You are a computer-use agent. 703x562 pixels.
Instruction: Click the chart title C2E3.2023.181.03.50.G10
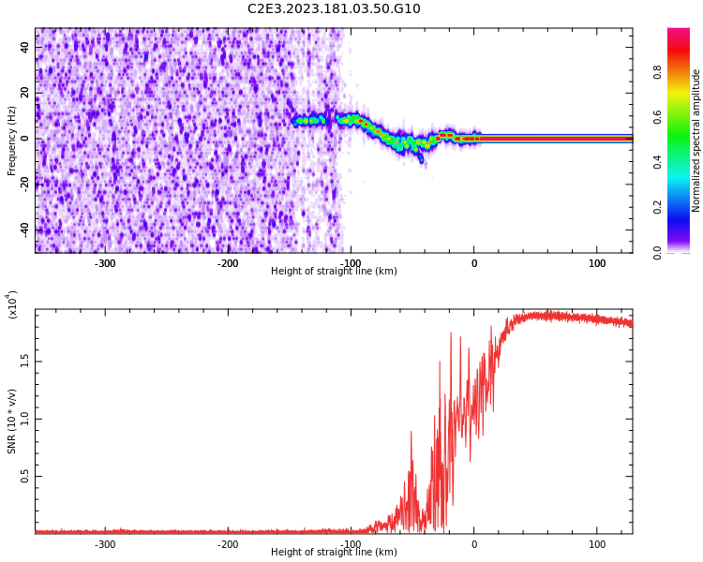pyautogui.click(x=334, y=9)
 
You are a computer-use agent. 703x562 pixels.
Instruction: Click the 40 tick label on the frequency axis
pyautogui.click(x=25, y=48)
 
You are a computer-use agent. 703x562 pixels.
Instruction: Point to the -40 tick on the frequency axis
pyautogui.click(x=25, y=229)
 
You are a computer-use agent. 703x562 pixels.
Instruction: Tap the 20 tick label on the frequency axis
pyautogui.click(x=25, y=93)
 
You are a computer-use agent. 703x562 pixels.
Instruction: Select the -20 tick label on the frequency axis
pyautogui.click(x=25, y=184)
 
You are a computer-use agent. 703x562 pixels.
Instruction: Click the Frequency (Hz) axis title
pyautogui.click(x=12, y=140)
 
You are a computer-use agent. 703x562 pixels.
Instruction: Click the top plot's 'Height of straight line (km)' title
pyautogui.click(x=334, y=272)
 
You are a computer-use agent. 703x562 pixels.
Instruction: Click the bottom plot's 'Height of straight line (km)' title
pyautogui.click(x=334, y=553)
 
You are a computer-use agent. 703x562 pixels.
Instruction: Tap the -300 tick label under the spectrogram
pyautogui.click(x=105, y=263)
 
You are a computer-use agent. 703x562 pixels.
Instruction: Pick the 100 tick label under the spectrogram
pyautogui.click(x=597, y=263)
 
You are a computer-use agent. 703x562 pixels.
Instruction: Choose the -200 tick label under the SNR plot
pyautogui.click(x=228, y=544)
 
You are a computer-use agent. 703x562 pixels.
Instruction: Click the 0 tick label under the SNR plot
pyautogui.click(x=473, y=544)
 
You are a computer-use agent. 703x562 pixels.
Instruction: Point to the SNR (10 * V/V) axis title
pyautogui.click(x=12, y=421)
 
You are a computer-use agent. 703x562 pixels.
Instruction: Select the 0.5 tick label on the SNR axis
pyautogui.click(x=25, y=477)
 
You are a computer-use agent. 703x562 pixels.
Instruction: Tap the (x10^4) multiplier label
pyautogui.click(x=12, y=305)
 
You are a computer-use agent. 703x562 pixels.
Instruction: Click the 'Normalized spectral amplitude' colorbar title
pyautogui.click(x=696, y=140)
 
